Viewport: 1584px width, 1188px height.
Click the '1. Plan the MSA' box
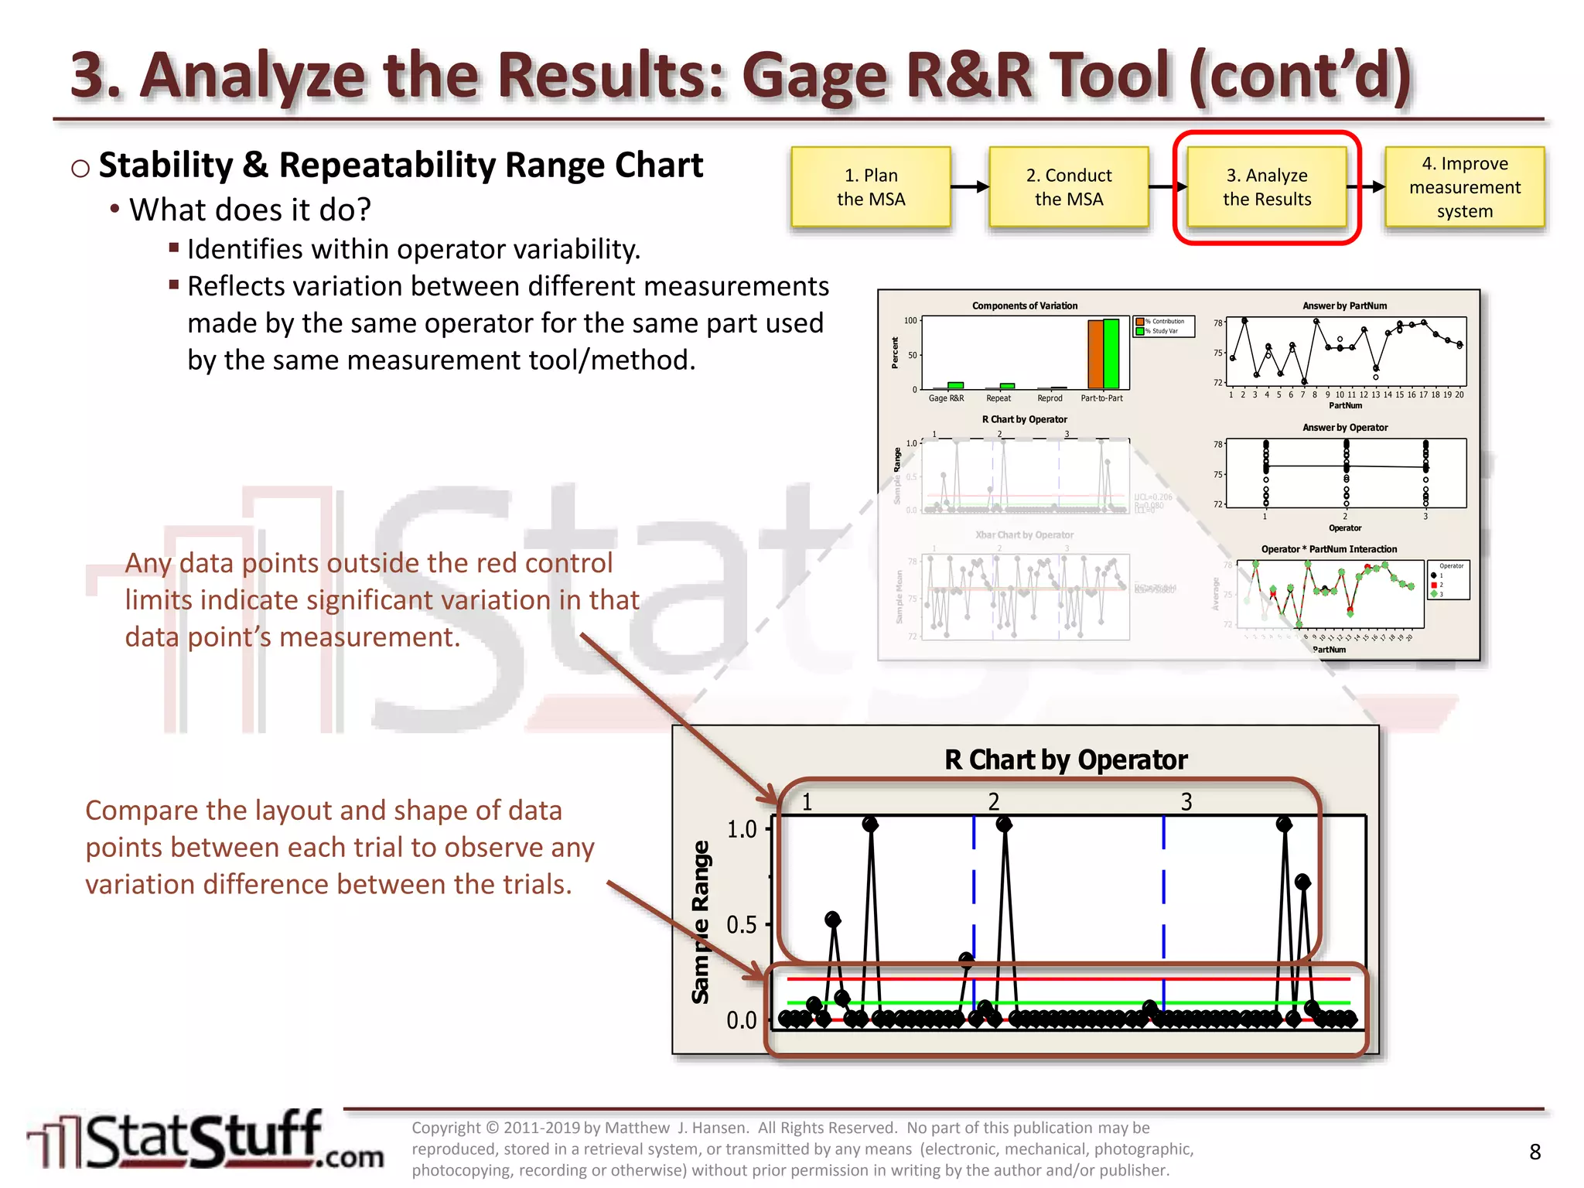click(x=870, y=187)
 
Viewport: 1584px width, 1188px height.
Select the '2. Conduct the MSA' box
click(x=1068, y=187)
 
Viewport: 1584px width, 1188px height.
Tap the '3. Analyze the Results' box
click(x=1266, y=187)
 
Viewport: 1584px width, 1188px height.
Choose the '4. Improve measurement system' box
click(x=1464, y=187)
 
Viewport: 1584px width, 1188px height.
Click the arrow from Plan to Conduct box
click(x=969, y=186)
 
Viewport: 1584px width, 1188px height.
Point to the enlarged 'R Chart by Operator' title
click(x=1065, y=760)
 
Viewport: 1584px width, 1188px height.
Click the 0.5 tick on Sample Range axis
click(x=742, y=925)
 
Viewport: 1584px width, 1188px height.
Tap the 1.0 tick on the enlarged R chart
click(x=742, y=829)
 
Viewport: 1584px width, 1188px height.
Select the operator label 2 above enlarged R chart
click(x=994, y=802)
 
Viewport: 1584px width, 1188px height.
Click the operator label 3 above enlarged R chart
click(x=1186, y=802)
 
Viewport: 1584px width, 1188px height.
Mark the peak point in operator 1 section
click(x=870, y=824)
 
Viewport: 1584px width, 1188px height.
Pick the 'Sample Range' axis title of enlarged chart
click(x=701, y=922)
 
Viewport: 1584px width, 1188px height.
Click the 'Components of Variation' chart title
click(x=1024, y=306)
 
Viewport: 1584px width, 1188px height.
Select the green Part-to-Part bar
click(x=1111, y=353)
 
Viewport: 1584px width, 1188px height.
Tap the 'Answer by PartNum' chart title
click(x=1344, y=306)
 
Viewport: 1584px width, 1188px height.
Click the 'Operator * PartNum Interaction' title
click(x=1329, y=549)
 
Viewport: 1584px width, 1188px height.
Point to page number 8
click(x=1534, y=1152)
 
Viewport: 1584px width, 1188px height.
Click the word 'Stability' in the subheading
click(x=166, y=166)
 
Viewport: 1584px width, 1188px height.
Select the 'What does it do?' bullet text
click(x=250, y=210)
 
